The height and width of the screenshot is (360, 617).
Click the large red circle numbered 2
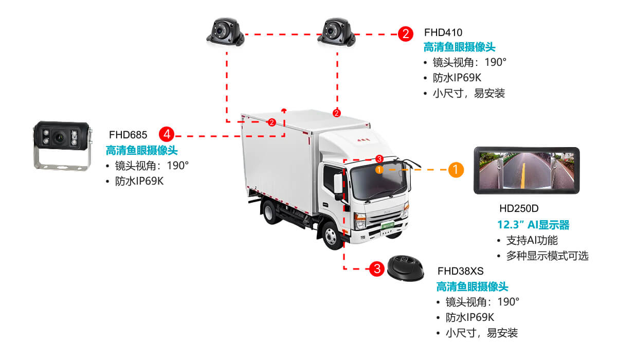pyautogui.click(x=405, y=34)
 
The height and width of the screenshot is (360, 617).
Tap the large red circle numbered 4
pyautogui.click(x=167, y=135)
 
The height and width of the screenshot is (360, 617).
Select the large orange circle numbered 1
pyautogui.click(x=456, y=169)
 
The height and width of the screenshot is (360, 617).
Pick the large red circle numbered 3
pyautogui.click(x=377, y=268)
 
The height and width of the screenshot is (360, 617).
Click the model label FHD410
pyautogui.click(x=443, y=33)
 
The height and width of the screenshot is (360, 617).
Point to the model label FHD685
pyautogui.click(x=128, y=135)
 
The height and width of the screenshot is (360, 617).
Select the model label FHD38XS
pyautogui.click(x=460, y=271)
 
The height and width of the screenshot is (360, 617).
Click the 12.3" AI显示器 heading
pyautogui.click(x=533, y=225)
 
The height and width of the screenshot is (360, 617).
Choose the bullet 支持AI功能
pyautogui.click(x=532, y=241)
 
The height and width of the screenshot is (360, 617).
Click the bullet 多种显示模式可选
pyautogui.click(x=547, y=256)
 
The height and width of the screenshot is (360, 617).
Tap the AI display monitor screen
pyautogui.click(x=527, y=171)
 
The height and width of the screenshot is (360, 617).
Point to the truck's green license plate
pyautogui.click(x=386, y=225)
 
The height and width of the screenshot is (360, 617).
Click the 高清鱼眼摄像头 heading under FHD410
pyautogui.click(x=459, y=48)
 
